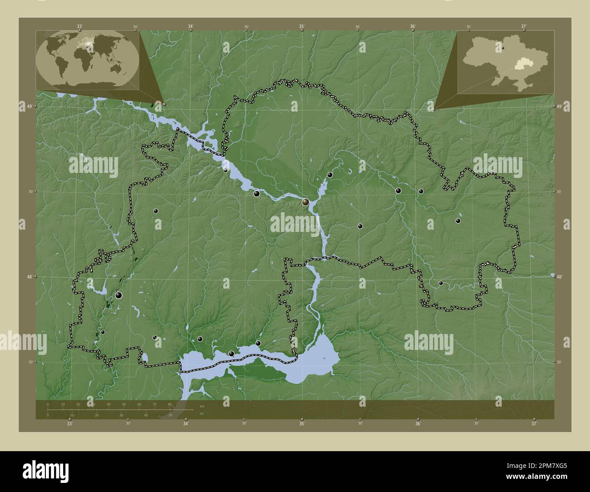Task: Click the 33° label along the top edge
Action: pyautogui.click(x=79, y=26)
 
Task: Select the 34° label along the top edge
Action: pyautogui.click(x=191, y=26)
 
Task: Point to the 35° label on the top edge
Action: pyautogui.click(x=302, y=26)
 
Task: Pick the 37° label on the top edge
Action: pyautogui.click(x=524, y=26)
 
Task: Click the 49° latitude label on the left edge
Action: pyautogui.click(x=29, y=106)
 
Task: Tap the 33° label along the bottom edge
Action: pyautogui.click(x=69, y=424)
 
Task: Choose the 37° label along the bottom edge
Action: pyautogui.click(x=534, y=424)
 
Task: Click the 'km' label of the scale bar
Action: pyautogui.click(x=202, y=405)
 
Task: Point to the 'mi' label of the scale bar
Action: pyautogui.click(x=202, y=413)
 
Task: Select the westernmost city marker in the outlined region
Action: pyautogui.click(x=103, y=332)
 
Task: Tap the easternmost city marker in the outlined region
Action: pyautogui.click(x=458, y=221)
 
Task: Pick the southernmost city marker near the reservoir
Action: pyautogui.click(x=231, y=354)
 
